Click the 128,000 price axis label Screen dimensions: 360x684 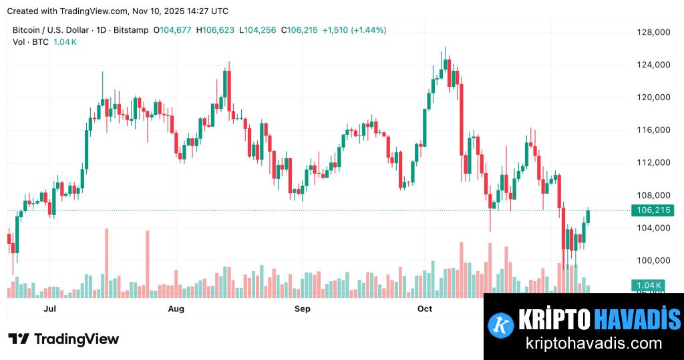click(653, 32)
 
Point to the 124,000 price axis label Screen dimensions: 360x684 click(653, 65)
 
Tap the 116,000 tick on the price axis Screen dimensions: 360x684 click(653, 130)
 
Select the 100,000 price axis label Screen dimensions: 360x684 click(653, 260)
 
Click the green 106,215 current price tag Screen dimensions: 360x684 click(653, 210)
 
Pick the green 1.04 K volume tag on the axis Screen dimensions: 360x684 click(648, 286)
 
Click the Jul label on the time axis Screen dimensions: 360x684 click(49, 309)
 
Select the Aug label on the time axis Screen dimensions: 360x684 click(176, 309)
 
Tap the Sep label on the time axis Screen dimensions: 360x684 click(303, 309)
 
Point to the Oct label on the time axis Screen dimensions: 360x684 click(425, 309)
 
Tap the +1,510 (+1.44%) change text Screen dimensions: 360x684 click(354, 30)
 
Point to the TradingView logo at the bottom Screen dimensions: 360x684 click(63, 339)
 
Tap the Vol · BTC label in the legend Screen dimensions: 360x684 click(29, 41)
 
